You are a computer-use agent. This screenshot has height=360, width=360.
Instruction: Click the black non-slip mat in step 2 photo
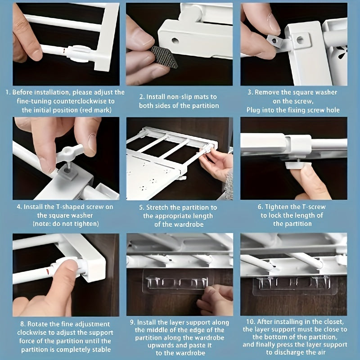click(x=164, y=56)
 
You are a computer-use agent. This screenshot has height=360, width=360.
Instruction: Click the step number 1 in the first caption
click(x=7, y=92)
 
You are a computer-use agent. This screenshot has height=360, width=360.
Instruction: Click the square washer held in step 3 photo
click(x=274, y=41)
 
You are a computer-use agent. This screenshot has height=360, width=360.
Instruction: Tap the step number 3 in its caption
click(x=250, y=92)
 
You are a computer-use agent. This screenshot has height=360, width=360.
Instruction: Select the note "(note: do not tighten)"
click(x=66, y=224)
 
